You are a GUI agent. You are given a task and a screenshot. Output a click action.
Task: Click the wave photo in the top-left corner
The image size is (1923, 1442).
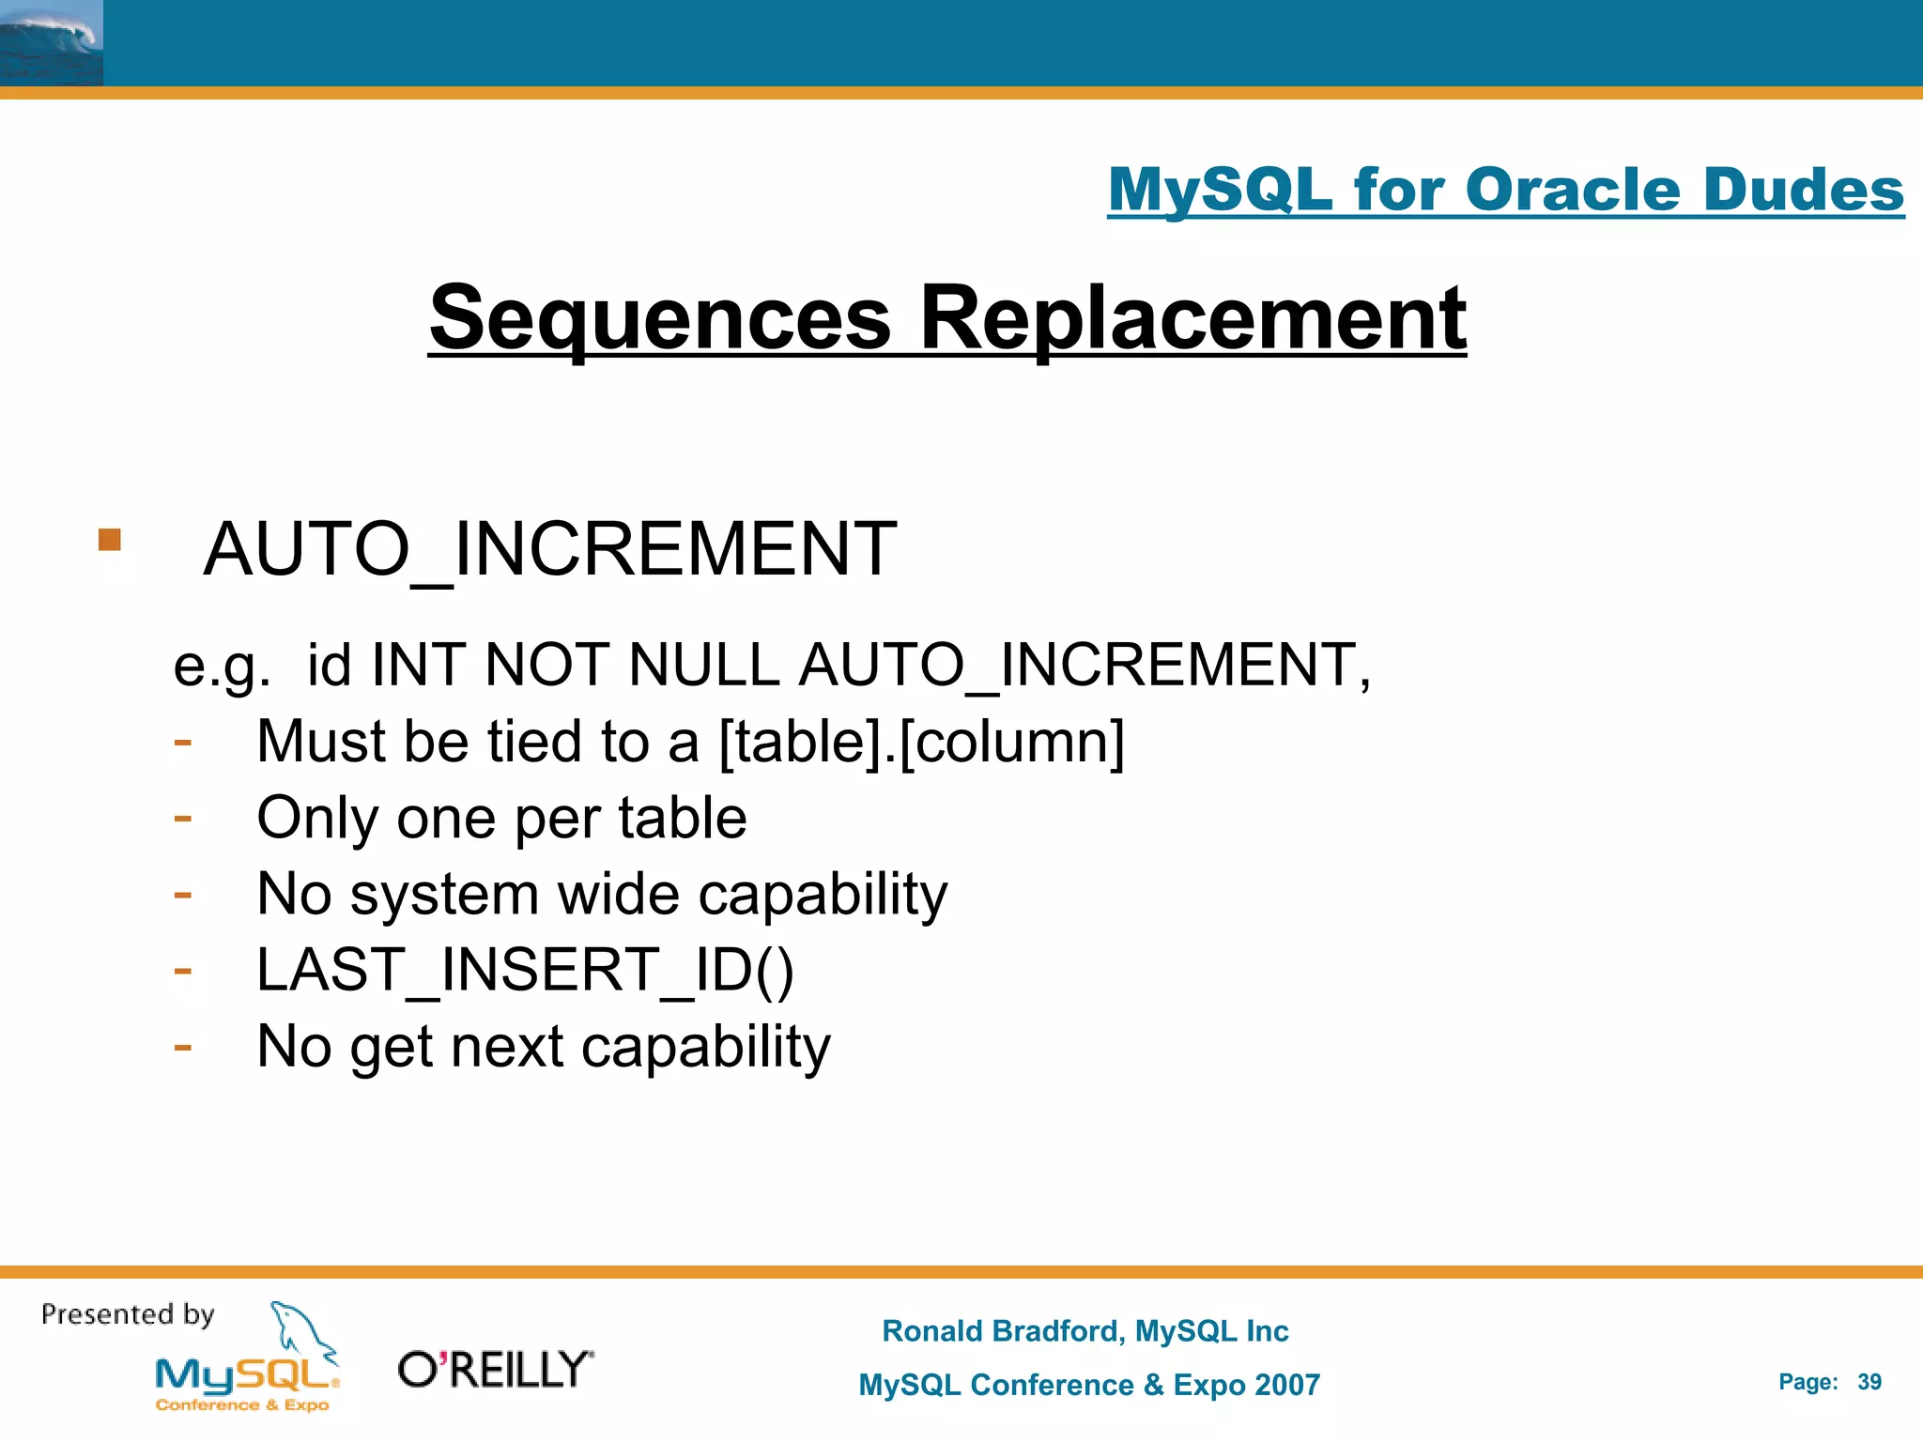[52, 43]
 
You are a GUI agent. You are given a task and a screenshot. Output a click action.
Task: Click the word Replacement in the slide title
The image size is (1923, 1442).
[1192, 319]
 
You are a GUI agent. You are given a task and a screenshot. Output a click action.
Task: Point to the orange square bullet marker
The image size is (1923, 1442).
[110, 540]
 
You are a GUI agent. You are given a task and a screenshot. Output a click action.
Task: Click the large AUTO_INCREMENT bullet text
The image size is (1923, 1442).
[549, 549]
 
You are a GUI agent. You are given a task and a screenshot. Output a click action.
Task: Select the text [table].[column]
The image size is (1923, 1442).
[921, 742]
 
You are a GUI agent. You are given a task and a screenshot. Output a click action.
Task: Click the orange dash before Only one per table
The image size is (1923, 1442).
[183, 818]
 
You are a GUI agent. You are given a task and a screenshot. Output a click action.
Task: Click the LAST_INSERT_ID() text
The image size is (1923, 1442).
[525, 970]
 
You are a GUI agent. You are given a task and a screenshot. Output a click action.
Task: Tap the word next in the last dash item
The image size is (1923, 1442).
[507, 1047]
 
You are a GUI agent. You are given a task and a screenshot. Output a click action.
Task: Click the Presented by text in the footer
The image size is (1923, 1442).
[128, 1314]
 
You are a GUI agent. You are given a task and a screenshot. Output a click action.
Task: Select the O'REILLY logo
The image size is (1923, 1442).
[496, 1370]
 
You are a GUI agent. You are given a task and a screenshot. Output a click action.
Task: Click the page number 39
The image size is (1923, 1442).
[1869, 1382]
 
